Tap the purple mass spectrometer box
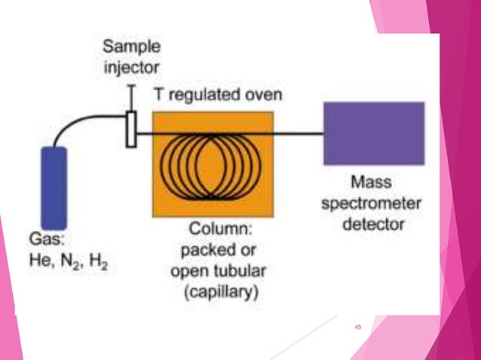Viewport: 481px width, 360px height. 373,133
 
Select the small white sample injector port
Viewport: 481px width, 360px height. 131,129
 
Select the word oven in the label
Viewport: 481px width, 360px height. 264,95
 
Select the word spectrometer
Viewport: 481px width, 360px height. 374,203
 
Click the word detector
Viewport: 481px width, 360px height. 374,224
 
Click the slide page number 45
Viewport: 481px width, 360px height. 357,327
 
